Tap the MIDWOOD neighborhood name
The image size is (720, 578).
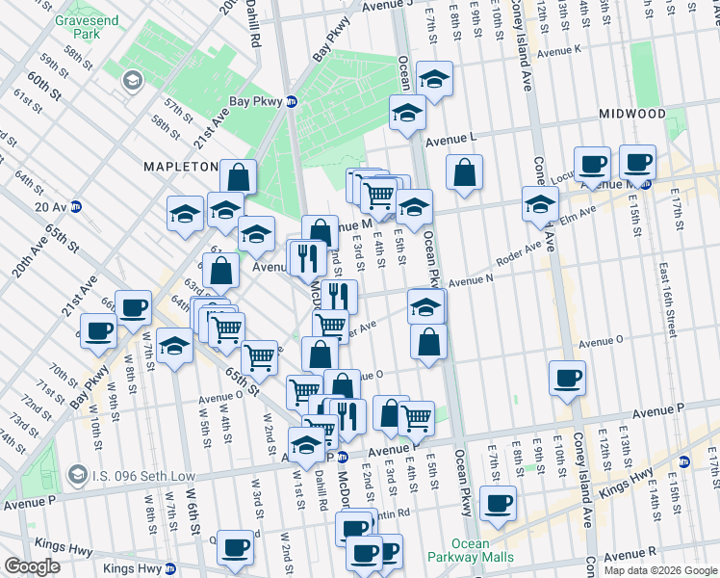[x=631, y=114]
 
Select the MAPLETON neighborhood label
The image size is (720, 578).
[x=182, y=167]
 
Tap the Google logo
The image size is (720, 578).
[x=33, y=566]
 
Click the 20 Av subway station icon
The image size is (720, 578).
[x=75, y=206]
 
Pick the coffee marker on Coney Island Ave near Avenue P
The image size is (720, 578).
[x=568, y=377]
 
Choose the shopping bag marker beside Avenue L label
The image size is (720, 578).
[x=464, y=173]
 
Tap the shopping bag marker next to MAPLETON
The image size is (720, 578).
[x=238, y=177]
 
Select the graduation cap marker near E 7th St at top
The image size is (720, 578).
[x=435, y=81]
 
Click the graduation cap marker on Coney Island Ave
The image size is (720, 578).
[x=541, y=203]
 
